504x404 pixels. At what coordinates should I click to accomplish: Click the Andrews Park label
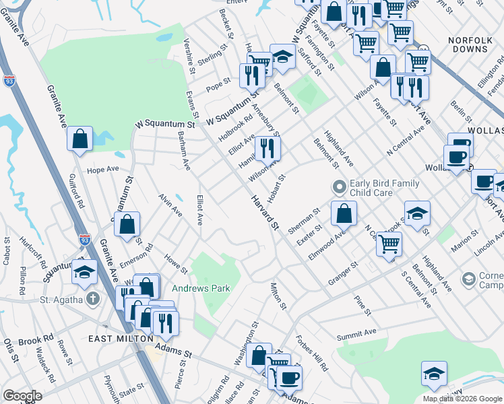[201, 289]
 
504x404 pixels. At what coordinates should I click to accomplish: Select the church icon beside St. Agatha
[94, 298]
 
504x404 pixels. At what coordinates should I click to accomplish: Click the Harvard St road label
[265, 212]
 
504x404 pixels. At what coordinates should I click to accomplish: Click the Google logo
[22, 396]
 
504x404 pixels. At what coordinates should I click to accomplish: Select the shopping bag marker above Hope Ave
[80, 139]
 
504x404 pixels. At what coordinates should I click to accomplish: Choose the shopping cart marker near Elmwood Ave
[389, 244]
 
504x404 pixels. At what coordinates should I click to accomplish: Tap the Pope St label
[218, 86]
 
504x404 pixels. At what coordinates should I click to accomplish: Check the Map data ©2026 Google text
[462, 399]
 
